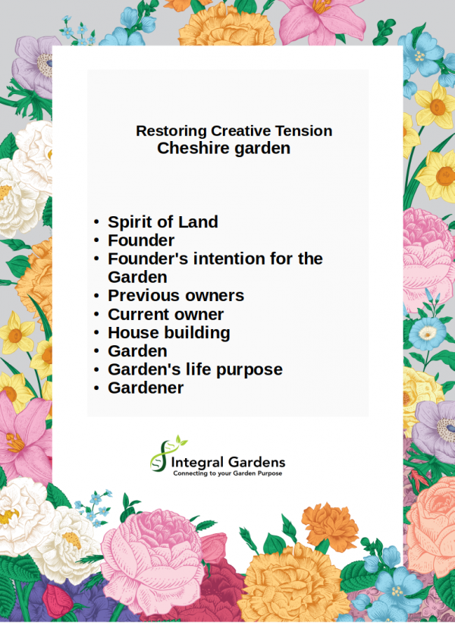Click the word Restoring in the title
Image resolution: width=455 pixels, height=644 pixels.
point(171,131)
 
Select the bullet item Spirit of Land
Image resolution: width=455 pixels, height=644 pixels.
point(162,221)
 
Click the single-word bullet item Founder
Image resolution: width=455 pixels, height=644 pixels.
point(141,240)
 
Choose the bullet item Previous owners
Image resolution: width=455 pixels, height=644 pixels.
point(176,295)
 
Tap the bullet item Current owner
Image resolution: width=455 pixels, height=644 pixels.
point(165,314)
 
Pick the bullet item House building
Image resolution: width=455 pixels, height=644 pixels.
point(169,333)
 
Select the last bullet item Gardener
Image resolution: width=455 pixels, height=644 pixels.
point(146,388)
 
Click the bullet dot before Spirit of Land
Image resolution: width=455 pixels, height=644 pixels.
point(96,222)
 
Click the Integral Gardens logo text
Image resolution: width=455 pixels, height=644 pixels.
point(228,463)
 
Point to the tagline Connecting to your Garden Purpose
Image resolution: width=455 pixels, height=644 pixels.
point(227,473)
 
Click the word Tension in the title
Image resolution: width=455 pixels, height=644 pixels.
point(303,131)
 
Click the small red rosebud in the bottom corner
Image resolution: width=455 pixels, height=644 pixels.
point(58,601)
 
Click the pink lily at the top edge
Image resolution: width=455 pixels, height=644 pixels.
point(322,19)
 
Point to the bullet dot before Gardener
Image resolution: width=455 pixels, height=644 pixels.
point(96,388)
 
